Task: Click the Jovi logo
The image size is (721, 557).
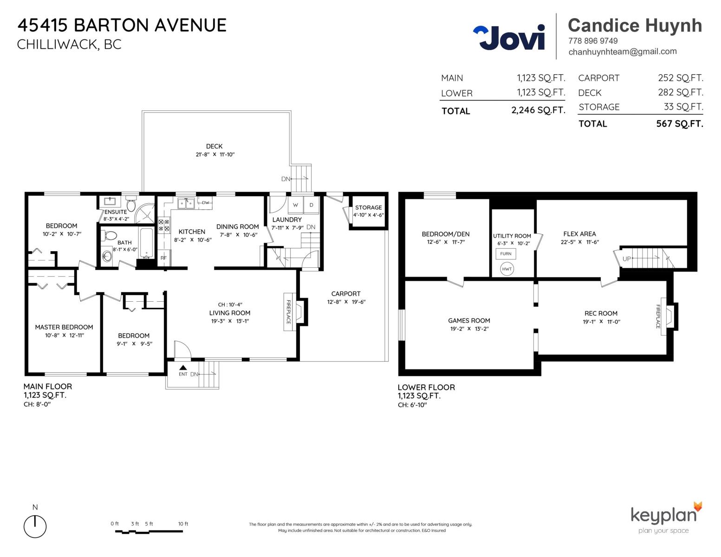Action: pos(509,37)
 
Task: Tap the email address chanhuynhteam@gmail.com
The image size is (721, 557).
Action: pos(623,52)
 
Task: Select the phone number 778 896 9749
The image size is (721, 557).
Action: pos(593,41)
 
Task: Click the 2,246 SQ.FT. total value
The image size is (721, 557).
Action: pos(538,110)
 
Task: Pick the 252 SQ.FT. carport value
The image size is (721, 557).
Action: pos(681,78)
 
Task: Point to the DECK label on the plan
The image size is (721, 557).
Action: pos(214,146)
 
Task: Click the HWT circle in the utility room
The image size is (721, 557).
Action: pos(507,269)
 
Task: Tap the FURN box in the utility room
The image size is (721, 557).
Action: pos(506,254)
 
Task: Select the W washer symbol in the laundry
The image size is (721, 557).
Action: pos(295,205)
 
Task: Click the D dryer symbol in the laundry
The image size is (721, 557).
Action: pos(311,205)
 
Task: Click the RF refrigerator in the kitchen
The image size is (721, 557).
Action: pos(164,258)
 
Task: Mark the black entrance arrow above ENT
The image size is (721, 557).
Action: pos(183,368)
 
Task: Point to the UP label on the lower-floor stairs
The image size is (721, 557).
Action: pos(626,259)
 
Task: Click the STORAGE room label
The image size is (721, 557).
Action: pos(368,207)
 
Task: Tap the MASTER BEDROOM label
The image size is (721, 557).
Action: pos(64,327)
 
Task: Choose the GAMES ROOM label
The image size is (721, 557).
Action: pos(469,320)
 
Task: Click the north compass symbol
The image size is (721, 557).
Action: pos(35,526)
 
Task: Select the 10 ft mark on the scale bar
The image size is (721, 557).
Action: pos(183,524)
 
